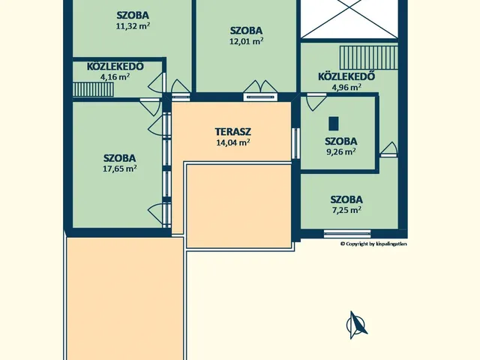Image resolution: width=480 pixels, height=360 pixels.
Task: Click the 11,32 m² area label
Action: [133, 25]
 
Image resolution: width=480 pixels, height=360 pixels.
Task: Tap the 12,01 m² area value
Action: [247, 41]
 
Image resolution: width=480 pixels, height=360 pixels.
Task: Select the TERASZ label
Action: [233, 131]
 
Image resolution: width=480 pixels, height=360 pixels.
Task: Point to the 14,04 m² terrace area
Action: [233, 142]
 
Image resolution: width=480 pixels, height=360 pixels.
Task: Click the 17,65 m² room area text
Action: [120, 169]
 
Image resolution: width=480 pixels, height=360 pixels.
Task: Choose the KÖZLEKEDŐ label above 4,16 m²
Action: [115, 67]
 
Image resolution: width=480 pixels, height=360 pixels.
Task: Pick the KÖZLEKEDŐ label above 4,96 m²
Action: [346, 76]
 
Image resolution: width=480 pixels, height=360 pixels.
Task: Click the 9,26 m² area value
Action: [341, 151]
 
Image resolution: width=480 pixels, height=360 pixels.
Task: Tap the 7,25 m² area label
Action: [346, 210]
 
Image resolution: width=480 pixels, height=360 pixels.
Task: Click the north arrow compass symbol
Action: [356, 325]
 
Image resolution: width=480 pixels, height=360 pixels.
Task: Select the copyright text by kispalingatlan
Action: [373, 244]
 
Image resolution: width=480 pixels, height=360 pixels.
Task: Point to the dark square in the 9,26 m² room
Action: [334, 123]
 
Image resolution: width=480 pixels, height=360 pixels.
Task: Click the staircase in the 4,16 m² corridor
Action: [93, 89]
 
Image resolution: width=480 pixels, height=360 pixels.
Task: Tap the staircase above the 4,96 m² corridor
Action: [368, 58]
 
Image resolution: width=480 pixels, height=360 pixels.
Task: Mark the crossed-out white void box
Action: [349, 19]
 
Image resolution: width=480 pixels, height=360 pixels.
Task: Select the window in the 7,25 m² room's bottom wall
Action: [347, 234]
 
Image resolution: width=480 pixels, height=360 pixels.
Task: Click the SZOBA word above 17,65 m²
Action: [120, 158]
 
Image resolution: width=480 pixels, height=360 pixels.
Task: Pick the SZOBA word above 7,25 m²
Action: [346, 199]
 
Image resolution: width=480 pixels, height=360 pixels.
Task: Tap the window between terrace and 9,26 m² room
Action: [295, 143]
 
